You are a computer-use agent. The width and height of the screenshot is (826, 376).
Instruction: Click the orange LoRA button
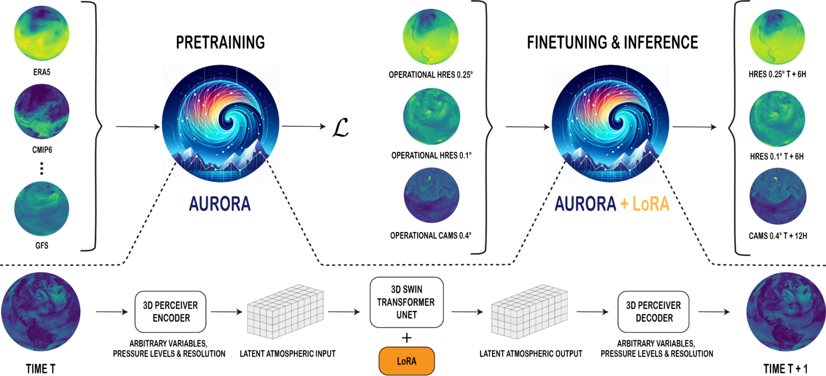(x=407, y=361)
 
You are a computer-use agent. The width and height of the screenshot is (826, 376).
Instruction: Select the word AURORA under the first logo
(x=219, y=204)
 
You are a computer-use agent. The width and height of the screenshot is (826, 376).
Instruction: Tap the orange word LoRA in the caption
(x=651, y=204)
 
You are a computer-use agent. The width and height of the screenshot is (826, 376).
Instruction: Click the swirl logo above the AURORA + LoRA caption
(x=610, y=124)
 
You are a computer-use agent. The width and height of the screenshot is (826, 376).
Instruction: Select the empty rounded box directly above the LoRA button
(x=407, y=302)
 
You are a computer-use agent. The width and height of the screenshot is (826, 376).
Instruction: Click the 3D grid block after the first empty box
(x=285, y=312)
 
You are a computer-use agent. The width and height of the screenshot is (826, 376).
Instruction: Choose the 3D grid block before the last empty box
(x=530, y=312)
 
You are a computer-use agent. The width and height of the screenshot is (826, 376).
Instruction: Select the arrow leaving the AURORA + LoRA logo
(x=694, y=127)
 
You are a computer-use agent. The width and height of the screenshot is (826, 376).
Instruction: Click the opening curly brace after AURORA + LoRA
(x=739, y=127)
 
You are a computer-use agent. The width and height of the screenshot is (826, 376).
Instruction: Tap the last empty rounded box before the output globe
(x=653, y=312)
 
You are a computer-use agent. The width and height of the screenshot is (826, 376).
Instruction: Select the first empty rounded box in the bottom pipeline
(x=170, y=312)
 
